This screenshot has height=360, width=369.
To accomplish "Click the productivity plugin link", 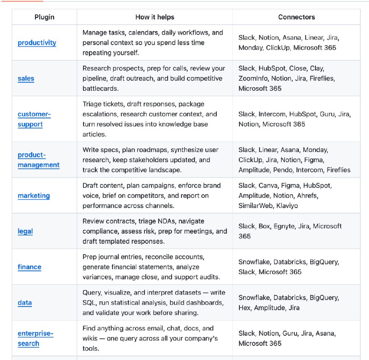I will (37, 43).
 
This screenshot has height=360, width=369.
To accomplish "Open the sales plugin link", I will (26, 78).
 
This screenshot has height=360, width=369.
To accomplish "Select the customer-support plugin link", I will (34, 119).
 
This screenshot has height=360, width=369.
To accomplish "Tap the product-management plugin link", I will (38, 160).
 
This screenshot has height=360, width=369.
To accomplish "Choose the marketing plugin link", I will (34, 195).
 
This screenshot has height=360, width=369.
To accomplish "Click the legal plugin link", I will (25, 231).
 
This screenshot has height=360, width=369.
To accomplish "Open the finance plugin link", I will (30, 267).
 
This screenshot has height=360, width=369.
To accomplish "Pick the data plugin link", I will (25, 303).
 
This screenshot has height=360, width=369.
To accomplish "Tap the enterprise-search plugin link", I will (36, 338).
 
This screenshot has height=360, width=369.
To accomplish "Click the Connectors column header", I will (297, 17).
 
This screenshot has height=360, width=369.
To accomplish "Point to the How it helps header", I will (155, 17).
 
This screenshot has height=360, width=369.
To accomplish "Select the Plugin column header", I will (44, 17).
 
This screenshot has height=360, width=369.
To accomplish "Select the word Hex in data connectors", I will (244, 308).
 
